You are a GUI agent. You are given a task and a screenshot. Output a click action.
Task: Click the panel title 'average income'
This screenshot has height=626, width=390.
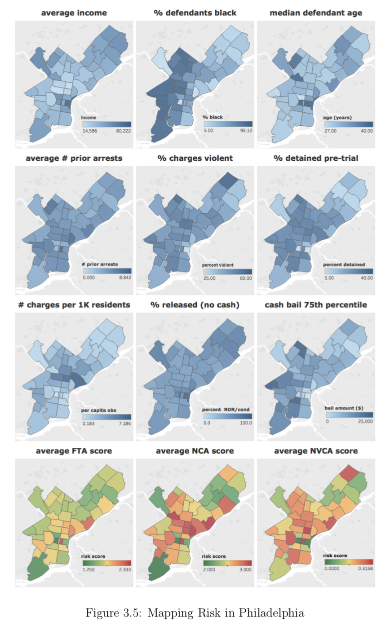tap(74, 13)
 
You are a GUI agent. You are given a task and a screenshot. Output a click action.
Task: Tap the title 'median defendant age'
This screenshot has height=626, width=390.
tap(316, 13)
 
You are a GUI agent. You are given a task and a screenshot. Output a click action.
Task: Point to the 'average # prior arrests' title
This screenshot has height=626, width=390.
tap(74, 159)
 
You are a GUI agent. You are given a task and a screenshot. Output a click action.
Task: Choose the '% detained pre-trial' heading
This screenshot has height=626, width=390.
tap(316, 159)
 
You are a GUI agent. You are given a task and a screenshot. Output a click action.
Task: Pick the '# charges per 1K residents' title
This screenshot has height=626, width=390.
tap(74, 305)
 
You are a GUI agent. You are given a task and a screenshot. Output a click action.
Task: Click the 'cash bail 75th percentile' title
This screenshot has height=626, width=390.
tap(316, 305)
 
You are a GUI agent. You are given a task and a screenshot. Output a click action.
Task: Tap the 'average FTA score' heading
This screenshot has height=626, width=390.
tap(74, 450)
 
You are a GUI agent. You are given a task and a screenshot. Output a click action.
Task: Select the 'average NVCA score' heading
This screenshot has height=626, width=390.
tap(316, 450)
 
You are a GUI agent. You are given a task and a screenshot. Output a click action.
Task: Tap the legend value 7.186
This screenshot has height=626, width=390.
tap(123, 423)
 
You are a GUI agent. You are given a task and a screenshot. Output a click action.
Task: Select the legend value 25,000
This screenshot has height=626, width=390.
tap(364, 422)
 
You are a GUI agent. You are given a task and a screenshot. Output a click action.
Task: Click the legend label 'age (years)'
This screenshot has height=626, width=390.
tap(337, 118)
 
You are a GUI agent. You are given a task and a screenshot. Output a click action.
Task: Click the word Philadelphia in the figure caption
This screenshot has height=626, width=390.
tap(271, 612)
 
